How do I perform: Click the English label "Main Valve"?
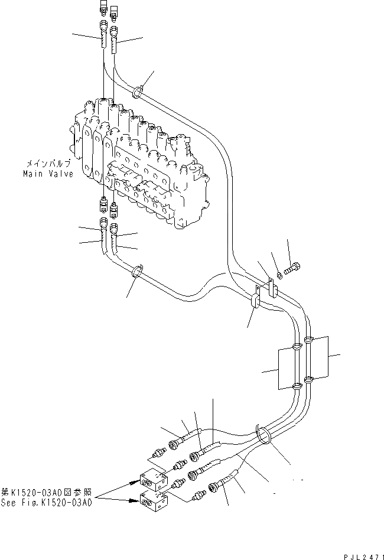(48, 174)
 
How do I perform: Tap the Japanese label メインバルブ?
(48, 162)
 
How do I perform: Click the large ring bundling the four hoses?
(263, 436)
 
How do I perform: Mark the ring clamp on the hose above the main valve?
(137, 92)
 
